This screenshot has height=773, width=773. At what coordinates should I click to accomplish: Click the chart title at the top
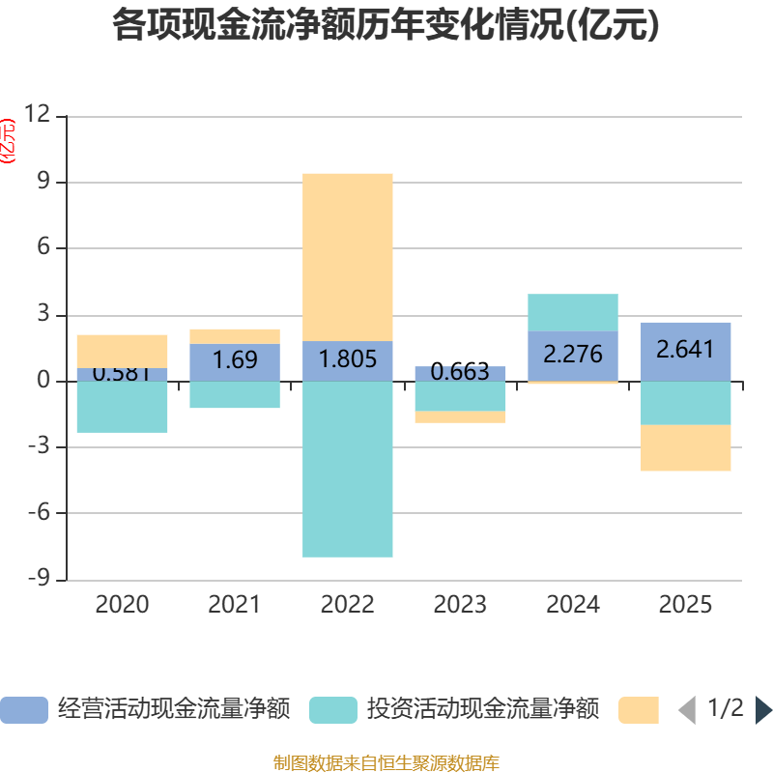click(386, 24)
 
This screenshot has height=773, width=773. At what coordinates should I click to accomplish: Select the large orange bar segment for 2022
click(348, 257)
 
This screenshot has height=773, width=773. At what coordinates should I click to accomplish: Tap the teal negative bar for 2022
click(348, 469)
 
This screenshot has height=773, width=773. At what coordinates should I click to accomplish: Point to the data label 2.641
click(685, 349)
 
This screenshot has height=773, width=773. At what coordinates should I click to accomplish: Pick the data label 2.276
click(573, 354)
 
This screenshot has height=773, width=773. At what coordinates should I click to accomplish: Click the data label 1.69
click(235, 360)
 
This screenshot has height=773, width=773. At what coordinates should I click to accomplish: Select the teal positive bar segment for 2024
click(573, 312)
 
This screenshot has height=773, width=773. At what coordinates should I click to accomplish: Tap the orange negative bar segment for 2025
click(685, 448)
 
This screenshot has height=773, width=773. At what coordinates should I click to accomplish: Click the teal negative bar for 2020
click(122, 407)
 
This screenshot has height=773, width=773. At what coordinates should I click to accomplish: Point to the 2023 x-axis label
click(460, 605)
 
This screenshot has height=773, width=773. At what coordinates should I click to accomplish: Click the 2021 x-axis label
click(235, 605)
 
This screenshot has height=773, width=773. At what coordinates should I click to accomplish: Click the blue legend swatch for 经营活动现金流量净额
click(24, 710)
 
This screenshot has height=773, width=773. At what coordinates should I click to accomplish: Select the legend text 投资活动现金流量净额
click(483, 710)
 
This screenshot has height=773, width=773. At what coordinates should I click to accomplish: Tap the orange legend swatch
click(638, 710)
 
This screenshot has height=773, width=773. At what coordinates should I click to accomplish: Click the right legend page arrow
click(763, 710)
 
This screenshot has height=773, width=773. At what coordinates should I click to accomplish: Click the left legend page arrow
click(687, 710)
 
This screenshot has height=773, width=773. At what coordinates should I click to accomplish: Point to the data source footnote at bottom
click(386, 763)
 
